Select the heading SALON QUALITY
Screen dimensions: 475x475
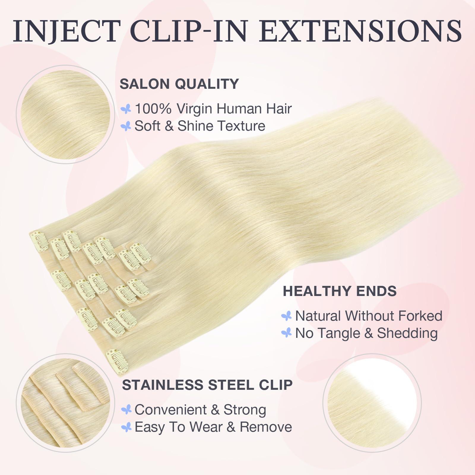pyautogui.click(x=179, y=84)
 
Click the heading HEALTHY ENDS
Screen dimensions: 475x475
pyautogui.click(x=340, y=291)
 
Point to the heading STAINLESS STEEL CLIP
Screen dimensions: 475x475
pyautogui.click(x=207, y=385)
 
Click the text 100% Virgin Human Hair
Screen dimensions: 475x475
pyautogui.click(x=213, y=109)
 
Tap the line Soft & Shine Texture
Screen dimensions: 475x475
pyautogui.click(x=200, y=126)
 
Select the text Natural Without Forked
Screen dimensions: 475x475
pyautogui.click(x=369, y=316)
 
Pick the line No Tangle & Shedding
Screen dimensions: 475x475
pyautogui.click(x=366, y=333)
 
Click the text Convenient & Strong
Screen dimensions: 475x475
pyautogui.click(x=200, y=410)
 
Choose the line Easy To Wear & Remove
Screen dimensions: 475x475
pyautogui.click(x=213, y=427)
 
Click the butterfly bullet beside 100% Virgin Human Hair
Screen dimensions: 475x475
pyautogui.click(x=126, y=109)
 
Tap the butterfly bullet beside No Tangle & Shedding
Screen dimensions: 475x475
pyautogui.click(x=286, y=333)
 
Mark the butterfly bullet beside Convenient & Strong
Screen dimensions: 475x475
pyautogui.click(x=126, y=410)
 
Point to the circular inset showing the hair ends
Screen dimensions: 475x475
pyautogui.click(x=372, y=401)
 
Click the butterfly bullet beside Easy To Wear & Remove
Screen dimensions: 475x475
pyautogui.click(x=126, y=427)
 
